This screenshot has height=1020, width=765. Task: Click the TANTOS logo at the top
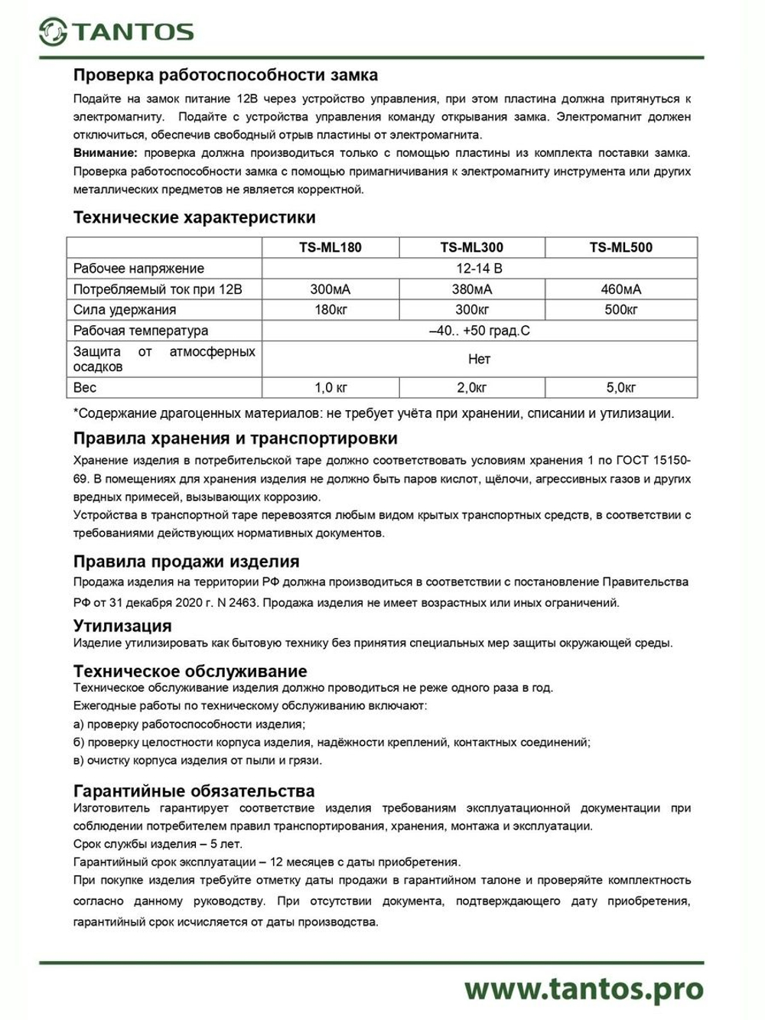(x=116, y=31)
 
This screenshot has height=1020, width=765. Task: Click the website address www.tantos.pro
(x=584, y=989)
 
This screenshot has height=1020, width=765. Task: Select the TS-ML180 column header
(x=330, y=247)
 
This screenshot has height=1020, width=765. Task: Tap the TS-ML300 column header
(x=472, y=247)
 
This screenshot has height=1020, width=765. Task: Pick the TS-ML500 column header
(x=621, y=247)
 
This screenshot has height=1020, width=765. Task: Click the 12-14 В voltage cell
(x=479, y=269)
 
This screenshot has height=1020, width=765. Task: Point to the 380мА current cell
(x=472, y=289)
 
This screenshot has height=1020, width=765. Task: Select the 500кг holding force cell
(x=621, y=310)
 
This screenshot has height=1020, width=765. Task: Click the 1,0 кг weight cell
(x=330, y=388)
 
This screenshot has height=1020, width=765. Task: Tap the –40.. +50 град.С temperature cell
(x=479, y=331)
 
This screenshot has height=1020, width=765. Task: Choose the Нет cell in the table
(x=479, y=359)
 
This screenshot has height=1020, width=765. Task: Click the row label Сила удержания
(x=125, y=310)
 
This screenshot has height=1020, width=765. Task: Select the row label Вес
(x=85, y=388)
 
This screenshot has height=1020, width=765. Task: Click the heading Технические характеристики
(x=194, y=217)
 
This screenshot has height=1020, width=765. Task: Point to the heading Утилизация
(x=122, y=625)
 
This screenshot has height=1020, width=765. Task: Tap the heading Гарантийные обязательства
(x=194, y=790)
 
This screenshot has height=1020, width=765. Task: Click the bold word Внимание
(x=105, y=153)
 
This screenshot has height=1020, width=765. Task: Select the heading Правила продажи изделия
(x=186, y=562)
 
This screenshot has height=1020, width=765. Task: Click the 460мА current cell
(x=621, y=289)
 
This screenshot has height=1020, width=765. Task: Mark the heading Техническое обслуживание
(x=190, y=671)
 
